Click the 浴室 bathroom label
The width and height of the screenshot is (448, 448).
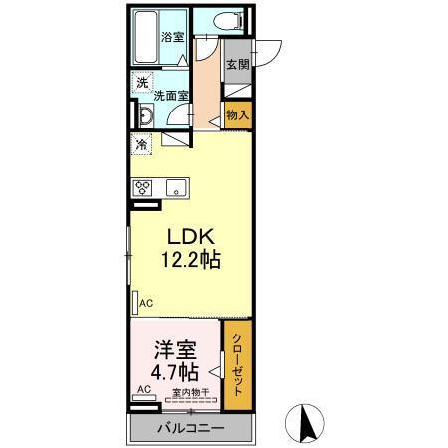(x=172, y=37)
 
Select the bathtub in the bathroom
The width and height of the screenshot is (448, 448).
(x=147, y=37)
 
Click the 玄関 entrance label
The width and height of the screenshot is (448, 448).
(x=237, y=65)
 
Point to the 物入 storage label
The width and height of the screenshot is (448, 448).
(x=237, y=114)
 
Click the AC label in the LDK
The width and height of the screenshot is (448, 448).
(x=146, y=303)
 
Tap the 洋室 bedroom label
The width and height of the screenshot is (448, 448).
(x=173, y=350)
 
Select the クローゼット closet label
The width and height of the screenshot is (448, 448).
(x=237, y=364)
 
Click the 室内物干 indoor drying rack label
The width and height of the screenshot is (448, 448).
(x=186, y=392)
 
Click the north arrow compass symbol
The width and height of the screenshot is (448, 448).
(x=306, y=424)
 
